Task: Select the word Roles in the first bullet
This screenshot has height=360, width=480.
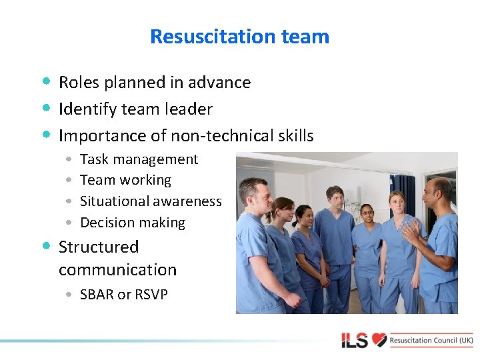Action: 78,83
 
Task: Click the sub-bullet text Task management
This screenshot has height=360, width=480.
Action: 139,159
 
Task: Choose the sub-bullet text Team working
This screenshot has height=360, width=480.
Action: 125,180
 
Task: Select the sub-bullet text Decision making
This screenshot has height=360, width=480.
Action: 132,223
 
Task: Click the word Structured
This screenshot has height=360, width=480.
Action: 99,247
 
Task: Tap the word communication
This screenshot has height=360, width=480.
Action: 117,270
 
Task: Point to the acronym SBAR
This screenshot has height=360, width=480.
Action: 97,295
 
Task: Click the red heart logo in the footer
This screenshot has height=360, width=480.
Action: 379,340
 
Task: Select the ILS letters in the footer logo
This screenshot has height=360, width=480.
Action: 355,341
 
